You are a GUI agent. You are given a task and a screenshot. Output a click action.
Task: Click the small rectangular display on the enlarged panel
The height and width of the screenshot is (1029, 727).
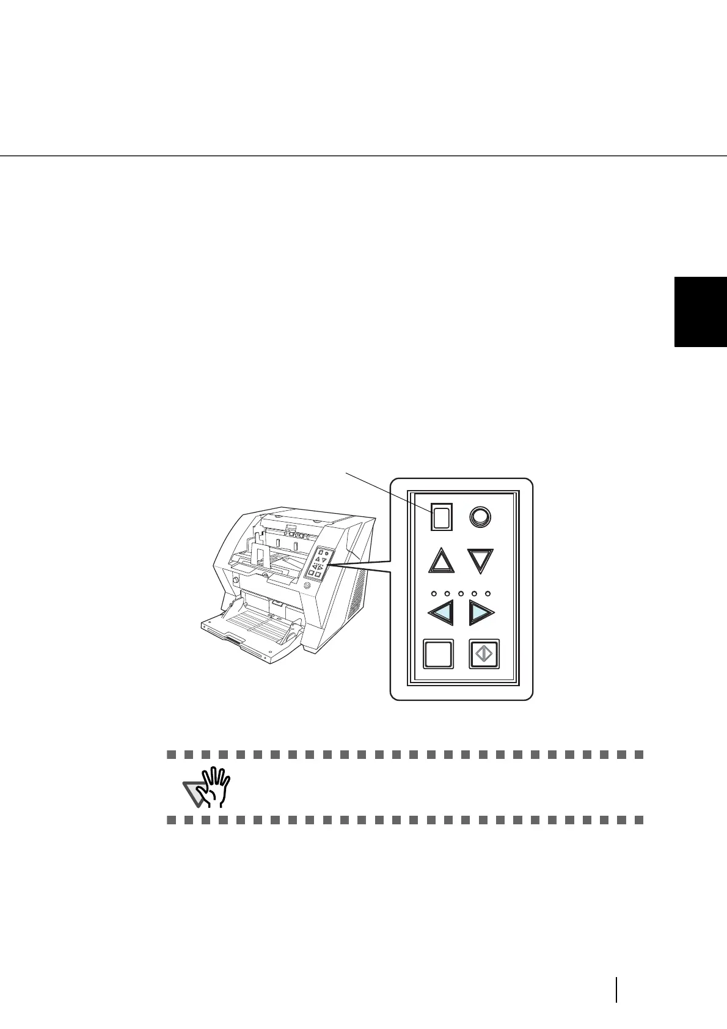pos(442,517)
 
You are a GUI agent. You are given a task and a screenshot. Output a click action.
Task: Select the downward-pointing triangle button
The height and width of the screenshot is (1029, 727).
pos(481,560)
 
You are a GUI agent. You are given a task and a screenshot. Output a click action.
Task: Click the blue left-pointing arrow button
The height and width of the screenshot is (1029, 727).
pos(442,612)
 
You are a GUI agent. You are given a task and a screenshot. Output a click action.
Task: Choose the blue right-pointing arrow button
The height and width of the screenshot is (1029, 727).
pos(481,612)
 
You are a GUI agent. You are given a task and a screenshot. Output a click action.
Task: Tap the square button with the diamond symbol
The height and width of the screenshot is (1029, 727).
pos(484,654)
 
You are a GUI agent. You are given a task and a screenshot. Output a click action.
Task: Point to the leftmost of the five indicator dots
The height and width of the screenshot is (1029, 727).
pos(433,593)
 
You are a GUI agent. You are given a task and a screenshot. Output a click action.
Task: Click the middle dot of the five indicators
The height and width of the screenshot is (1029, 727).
pos(461,593)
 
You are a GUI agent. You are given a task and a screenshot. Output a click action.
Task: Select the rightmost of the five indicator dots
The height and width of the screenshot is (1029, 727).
pos(488,593)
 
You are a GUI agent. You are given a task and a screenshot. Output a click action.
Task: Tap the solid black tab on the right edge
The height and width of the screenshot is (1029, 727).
pos(701,312)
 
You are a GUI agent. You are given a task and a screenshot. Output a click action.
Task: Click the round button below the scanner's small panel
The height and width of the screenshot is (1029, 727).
pos(307,585)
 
